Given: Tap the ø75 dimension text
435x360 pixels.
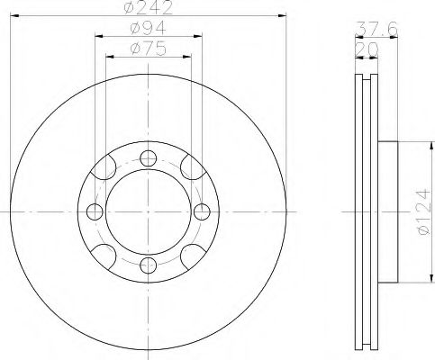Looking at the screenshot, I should click(x=149, y=49).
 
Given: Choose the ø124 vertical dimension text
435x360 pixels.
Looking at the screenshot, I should click(x=416, y=217).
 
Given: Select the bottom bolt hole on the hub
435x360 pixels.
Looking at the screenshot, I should click(x=148, y=264).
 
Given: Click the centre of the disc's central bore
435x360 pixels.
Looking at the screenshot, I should click(x=148, y=211).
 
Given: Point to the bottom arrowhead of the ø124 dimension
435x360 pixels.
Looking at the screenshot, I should click(x=405, y=278).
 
